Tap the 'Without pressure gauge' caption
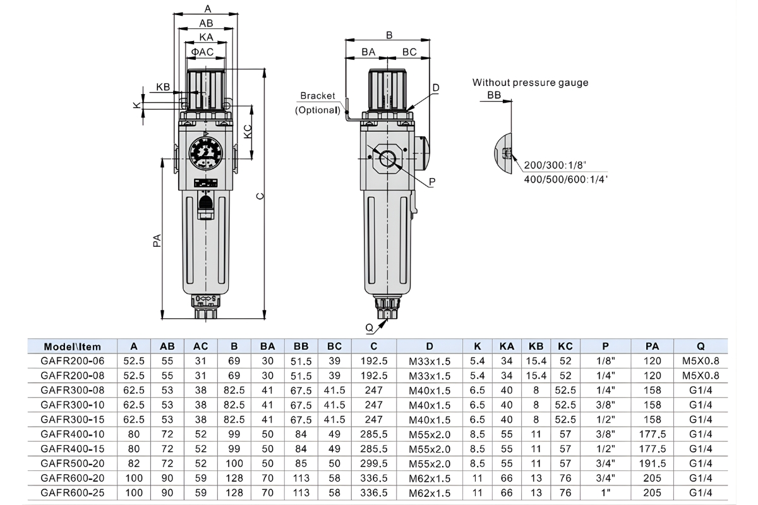click(x=530, y=83)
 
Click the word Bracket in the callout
click(x=317, y=96)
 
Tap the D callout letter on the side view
click(x=435, y=87)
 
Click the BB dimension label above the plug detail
click(x=494, y=95)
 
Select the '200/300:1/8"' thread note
click(x=555, y=165)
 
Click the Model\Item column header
click(x=73, y=347)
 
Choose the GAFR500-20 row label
click(x=73, y=463)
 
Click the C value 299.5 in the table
click(x=374, y=463)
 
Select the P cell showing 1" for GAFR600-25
click(x=605, y=492)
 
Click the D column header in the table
click(x=430, y=347)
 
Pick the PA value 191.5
click(x=652, y=463)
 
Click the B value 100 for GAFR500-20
click(x=234, y=463)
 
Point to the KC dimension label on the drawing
click(x=248, y=131)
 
